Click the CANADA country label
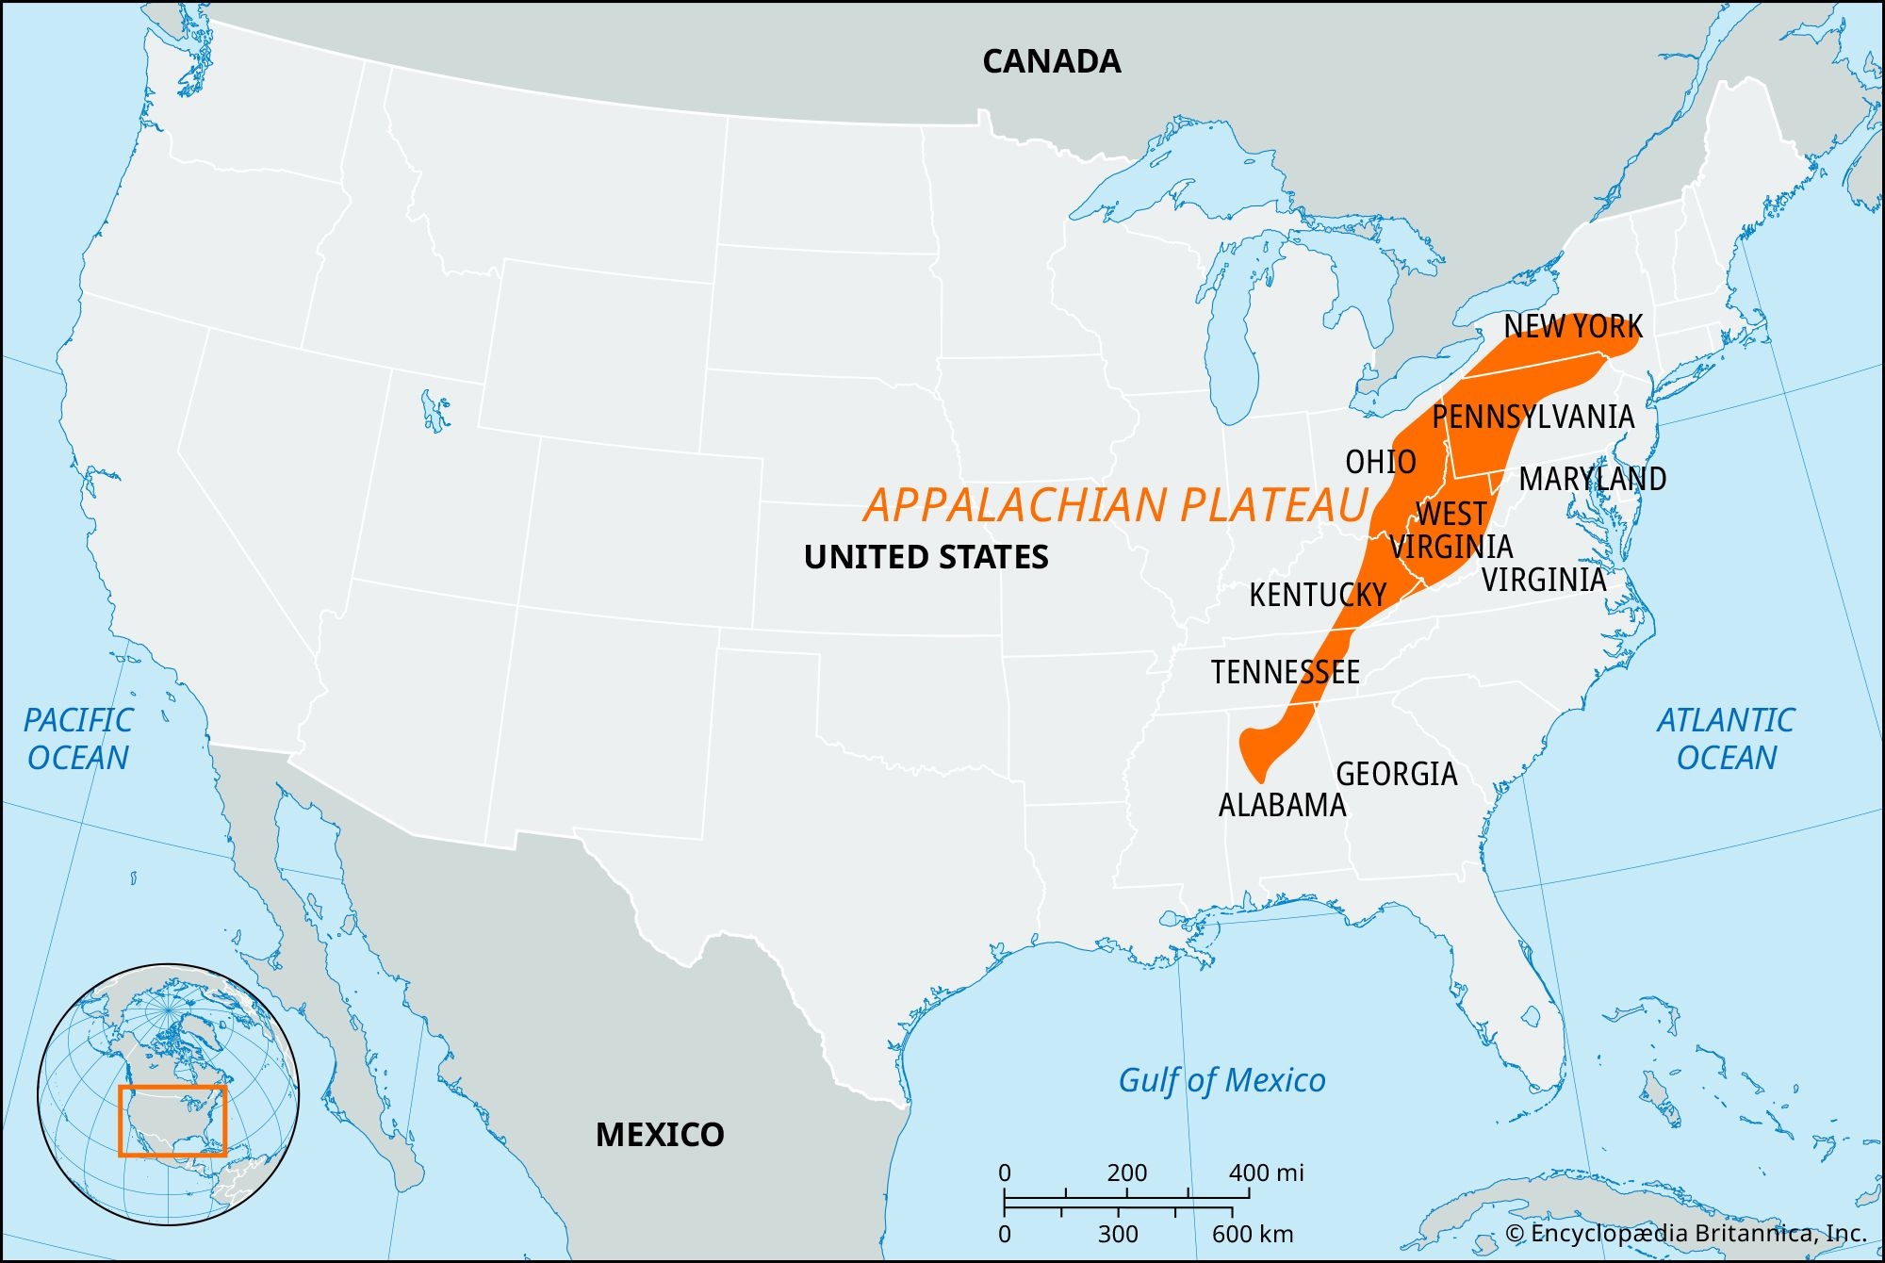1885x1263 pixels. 1051,62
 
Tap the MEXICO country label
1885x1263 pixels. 660,1135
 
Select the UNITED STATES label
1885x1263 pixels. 926,557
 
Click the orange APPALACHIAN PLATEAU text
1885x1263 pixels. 1116,505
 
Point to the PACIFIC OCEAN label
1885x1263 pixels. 78,739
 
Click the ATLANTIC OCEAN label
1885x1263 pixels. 1726,739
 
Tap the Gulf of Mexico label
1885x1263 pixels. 1221,1080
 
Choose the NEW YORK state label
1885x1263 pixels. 1573,326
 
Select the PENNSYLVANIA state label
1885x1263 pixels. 1533,417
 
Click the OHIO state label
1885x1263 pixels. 1381,462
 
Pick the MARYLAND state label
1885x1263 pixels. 1593,479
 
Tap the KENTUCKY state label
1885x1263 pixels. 1318,595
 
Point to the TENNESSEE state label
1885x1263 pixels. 1286,672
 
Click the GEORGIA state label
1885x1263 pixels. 1397,774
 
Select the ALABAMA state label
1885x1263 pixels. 1282,805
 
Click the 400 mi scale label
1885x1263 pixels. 1266,1173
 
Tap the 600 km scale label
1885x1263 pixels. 1253,1234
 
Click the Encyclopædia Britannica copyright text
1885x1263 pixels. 1685,1234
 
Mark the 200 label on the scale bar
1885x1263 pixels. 1126,1173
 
